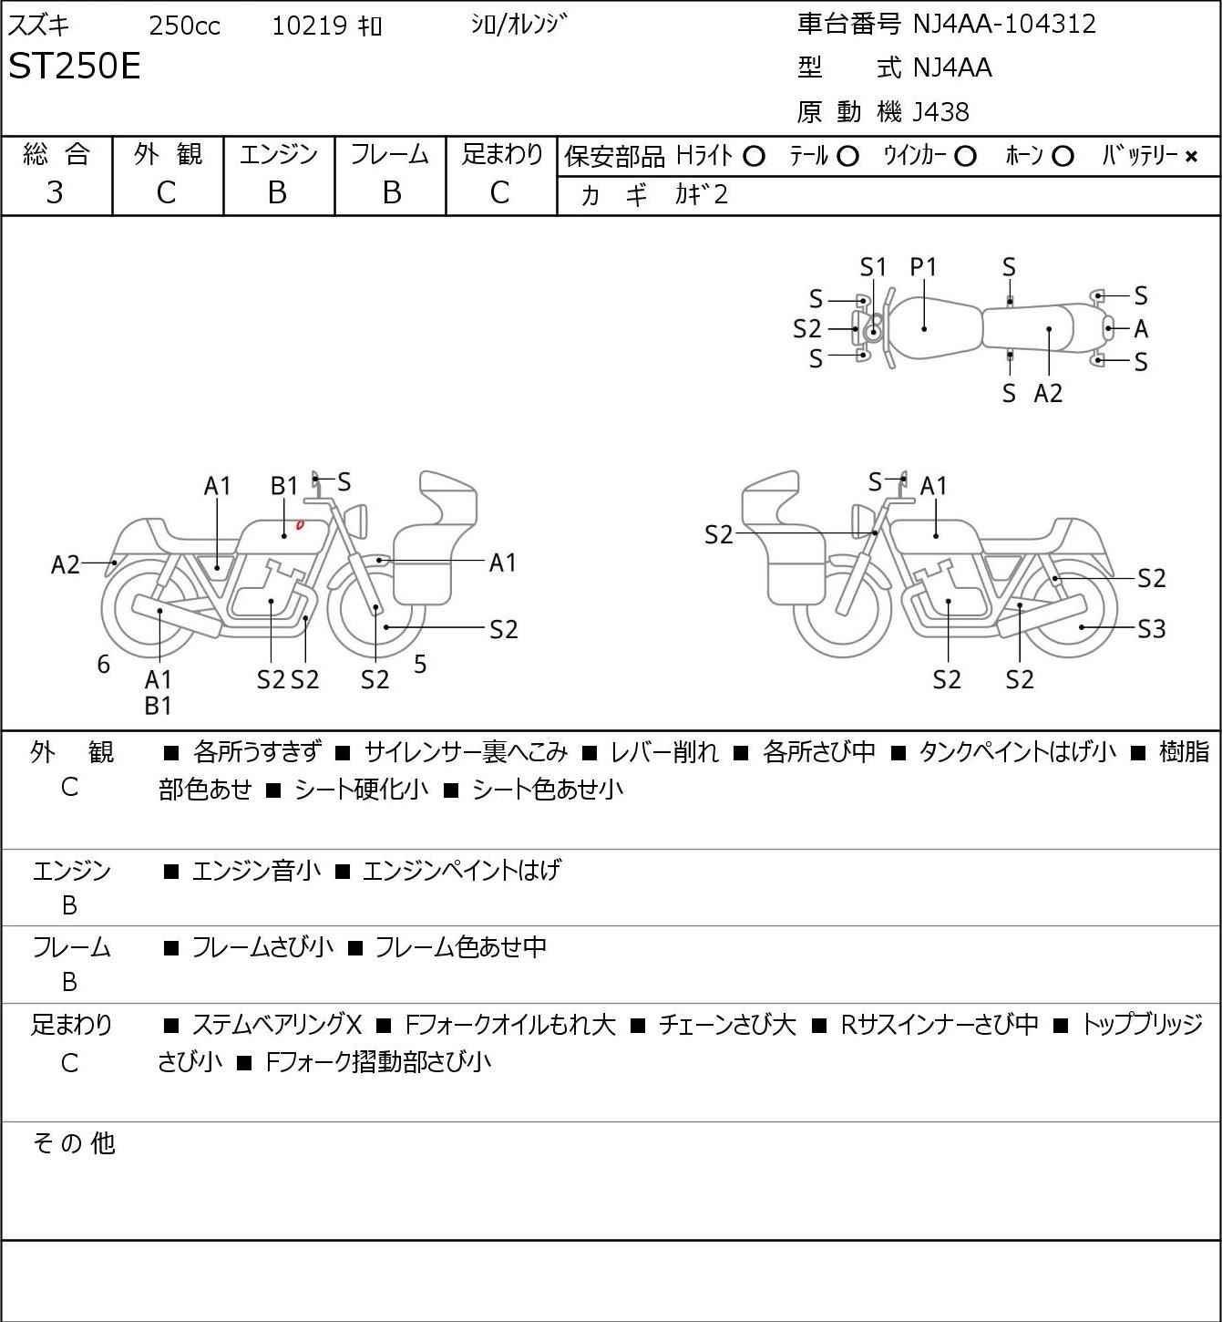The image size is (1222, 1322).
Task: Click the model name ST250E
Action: click(x=75, y=67)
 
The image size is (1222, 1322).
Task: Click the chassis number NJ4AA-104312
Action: click(x=1004, y=24)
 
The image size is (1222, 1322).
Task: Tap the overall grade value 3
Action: click(x=55, y=192)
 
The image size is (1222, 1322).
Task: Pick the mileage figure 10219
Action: click(x=309, y=26)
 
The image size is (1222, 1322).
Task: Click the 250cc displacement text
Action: click(x=184, y=26)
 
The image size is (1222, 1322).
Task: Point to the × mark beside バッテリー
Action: click(x=1191, y=157)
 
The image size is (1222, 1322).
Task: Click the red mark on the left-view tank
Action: click(x=300, y=524)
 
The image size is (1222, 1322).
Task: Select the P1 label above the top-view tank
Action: click(x=923, y=267)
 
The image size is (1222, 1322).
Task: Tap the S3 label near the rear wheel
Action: click(x=1151, y=629)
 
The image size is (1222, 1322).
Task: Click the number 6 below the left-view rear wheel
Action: click(x=104, y=665)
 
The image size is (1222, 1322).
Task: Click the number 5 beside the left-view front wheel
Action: click(x=420, y=665)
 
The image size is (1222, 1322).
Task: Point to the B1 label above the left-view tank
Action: click(x=284, y=486)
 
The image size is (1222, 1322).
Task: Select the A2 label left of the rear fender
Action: click(x=66, y=565)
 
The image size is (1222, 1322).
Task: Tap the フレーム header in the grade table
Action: click(x=390, y=155)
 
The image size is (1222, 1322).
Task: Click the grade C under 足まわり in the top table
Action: click(x=499, y=192)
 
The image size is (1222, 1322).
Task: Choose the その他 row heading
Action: click(x=73, y=1142)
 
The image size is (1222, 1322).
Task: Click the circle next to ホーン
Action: click(x=1063, y=157)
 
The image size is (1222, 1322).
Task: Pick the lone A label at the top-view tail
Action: click(x=1141, y=329)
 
